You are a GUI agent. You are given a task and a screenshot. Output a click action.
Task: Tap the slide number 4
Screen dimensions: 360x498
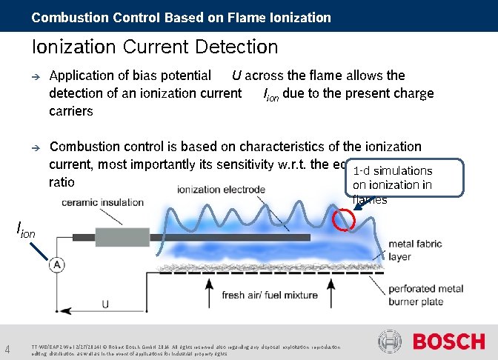point(7,349)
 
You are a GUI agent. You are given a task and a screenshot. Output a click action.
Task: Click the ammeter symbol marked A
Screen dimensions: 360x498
point(56,264)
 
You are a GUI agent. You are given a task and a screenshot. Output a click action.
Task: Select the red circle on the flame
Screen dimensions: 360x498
point(344,219)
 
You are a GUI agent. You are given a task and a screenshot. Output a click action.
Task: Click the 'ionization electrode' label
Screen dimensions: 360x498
point(221,190)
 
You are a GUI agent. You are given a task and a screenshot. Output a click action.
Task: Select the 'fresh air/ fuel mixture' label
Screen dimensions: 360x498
point(270,295)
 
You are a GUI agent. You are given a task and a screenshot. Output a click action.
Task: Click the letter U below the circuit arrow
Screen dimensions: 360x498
point(105,304)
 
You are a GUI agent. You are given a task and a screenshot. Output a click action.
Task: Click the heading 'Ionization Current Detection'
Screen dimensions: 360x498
point(155,47)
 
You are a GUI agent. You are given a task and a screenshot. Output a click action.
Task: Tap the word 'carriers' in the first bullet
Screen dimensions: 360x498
point(71,111)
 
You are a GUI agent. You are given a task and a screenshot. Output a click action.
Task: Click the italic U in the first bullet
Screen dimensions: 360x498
point(236,76)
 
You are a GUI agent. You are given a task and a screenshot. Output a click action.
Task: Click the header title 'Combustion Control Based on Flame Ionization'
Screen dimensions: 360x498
point(182,16)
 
